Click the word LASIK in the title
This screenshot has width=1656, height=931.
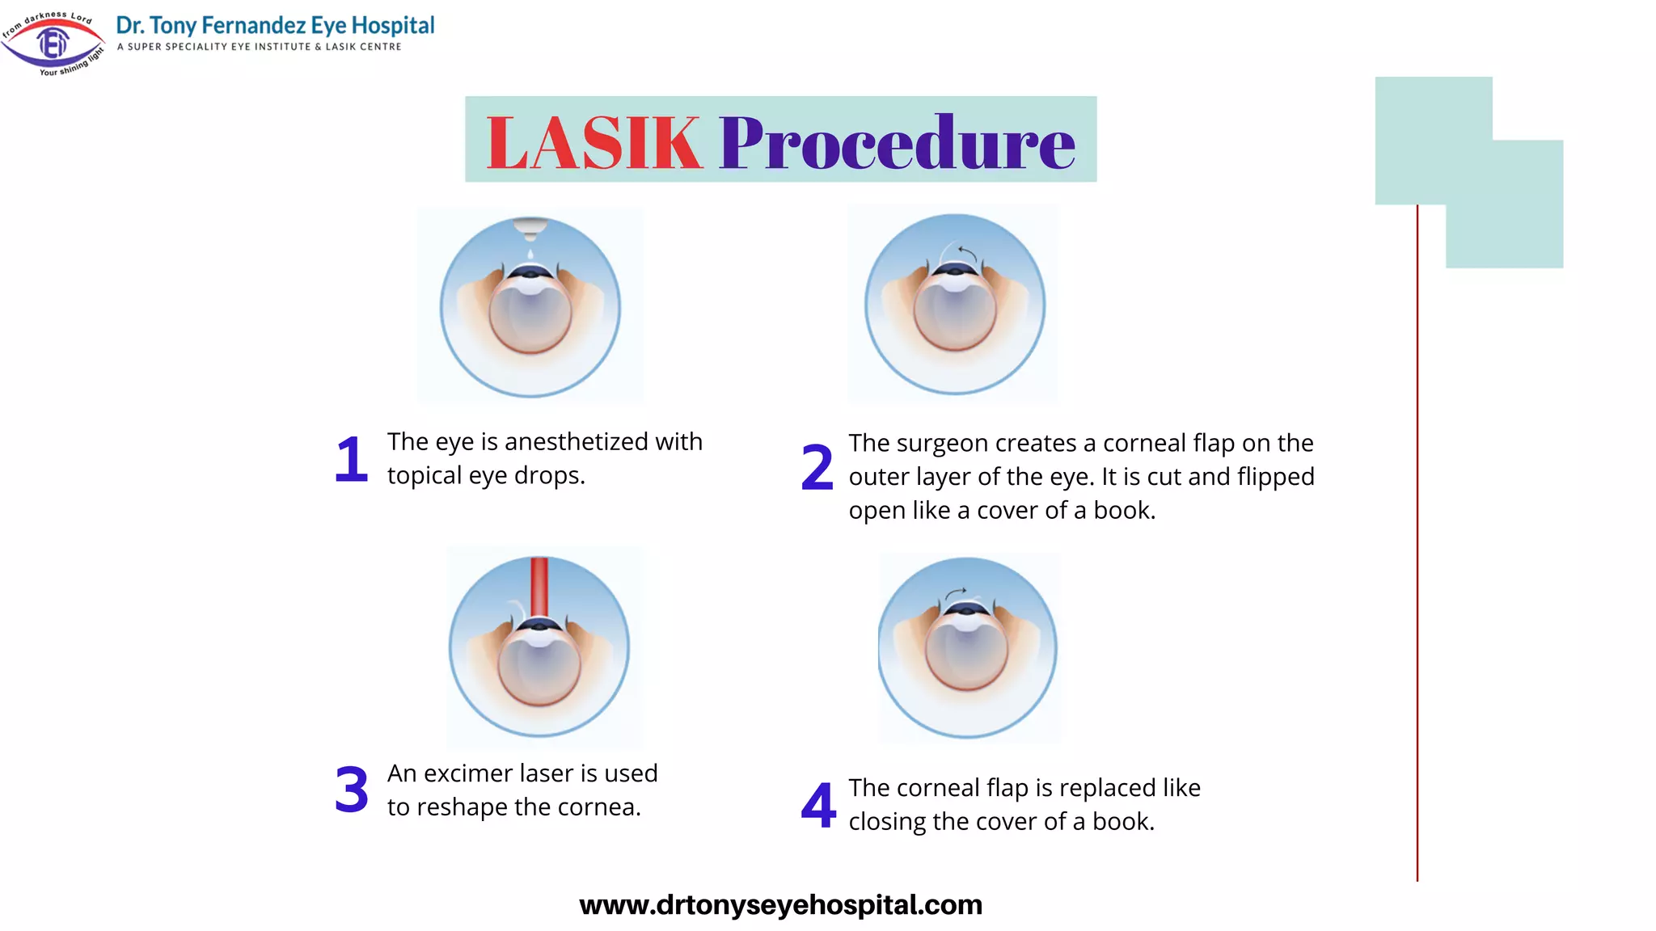point(594,143)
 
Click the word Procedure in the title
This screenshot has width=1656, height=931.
point(897,143)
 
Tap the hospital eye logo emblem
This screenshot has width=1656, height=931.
point(53,43)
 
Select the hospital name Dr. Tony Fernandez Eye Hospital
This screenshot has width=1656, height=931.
point(275,26)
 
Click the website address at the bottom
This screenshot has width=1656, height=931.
point(780,904)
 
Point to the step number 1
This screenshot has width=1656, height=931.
point(351,459)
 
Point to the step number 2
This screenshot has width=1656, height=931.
point(817,468)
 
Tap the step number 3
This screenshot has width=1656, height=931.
point(351,790)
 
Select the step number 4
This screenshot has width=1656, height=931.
point(817,805)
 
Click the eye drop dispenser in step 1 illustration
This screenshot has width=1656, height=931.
point(530,227)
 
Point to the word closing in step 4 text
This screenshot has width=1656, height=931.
point(887,822)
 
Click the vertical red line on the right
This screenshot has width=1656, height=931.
point(1417,541)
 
